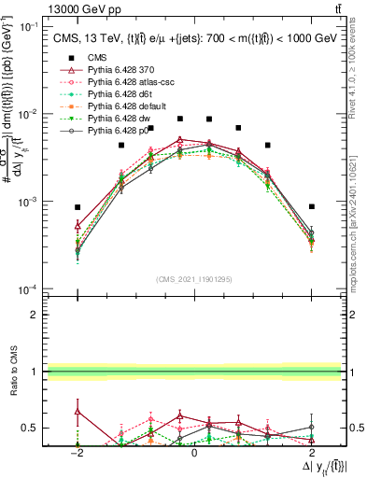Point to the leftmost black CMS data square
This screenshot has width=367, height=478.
click(78, 207)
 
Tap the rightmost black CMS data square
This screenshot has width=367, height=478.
click(312, 206)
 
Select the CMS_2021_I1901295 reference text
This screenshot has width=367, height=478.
click(194, 279)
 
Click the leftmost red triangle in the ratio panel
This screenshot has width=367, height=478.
click(78, 411)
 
